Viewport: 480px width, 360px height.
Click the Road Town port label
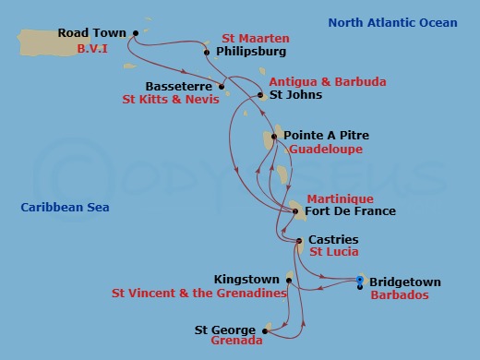point(92,32)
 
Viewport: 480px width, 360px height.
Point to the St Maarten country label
point(256,39)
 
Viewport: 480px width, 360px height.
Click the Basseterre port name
point(181,87)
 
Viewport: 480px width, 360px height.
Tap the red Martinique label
point(340,198)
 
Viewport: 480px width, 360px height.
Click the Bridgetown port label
point(405,282)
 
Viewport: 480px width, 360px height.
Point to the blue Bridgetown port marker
point(360,280)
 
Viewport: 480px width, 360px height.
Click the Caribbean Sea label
point(65,208)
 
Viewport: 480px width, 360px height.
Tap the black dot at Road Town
point(135,33)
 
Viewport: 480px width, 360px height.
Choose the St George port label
point(226,328)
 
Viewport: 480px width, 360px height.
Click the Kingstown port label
point(246,279)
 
